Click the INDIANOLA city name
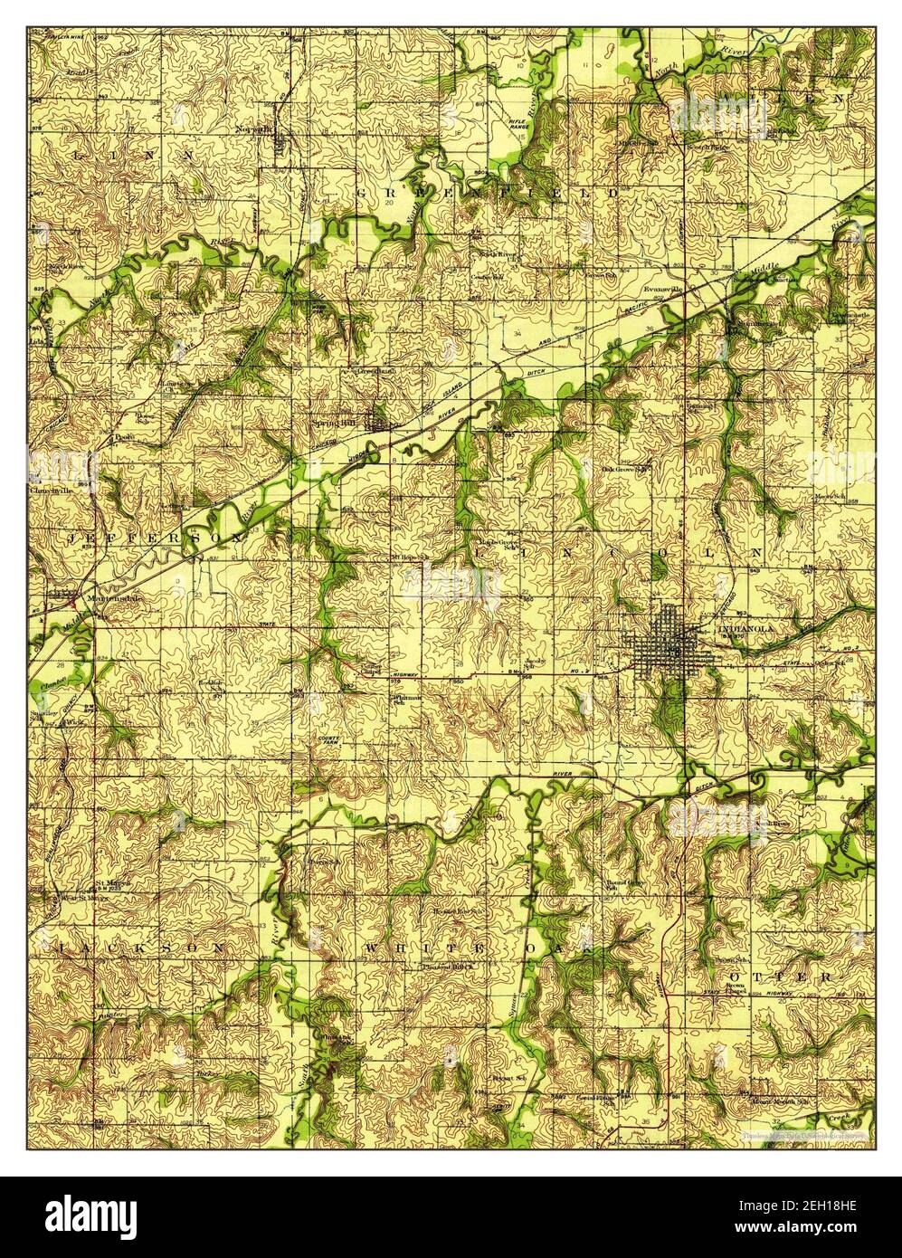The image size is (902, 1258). click(x=745, y=627)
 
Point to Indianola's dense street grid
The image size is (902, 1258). click(x=667, y=644)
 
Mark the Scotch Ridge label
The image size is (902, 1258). click(x=706, y=147)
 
